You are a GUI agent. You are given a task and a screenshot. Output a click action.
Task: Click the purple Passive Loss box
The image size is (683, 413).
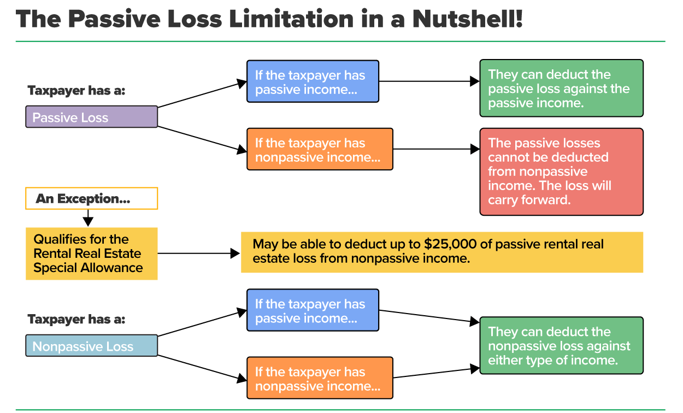[91, 117]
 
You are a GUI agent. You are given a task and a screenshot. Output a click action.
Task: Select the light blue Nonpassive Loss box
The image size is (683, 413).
[91, 346]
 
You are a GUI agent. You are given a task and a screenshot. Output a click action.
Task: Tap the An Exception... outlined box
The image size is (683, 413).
[91, 199]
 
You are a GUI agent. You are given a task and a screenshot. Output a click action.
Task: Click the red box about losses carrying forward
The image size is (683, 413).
[561, 172]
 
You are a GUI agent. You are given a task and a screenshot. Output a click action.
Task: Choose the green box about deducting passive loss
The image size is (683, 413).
[561, 88]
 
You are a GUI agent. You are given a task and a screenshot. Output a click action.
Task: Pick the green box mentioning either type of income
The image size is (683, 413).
[561, 346]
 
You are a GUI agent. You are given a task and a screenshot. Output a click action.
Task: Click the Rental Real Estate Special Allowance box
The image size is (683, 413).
[91, 253]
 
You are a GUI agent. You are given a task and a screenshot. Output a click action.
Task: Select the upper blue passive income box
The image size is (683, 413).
[313, 81]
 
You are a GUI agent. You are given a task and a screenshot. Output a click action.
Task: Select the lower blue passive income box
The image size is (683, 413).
[313, 310]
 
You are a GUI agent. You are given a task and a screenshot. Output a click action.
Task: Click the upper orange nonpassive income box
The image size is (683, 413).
[320, 149]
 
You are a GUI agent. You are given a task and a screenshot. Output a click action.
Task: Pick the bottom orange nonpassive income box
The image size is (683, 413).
[320, 377]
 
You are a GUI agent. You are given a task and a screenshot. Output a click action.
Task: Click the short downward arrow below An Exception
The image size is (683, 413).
[88, 219]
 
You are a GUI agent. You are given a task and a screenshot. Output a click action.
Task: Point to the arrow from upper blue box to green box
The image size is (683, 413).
[429, 81]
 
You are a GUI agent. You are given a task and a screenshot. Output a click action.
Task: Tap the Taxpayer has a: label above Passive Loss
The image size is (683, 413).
[76, 91]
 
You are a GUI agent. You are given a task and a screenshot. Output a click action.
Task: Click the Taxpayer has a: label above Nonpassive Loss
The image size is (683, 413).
[76, 319]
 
